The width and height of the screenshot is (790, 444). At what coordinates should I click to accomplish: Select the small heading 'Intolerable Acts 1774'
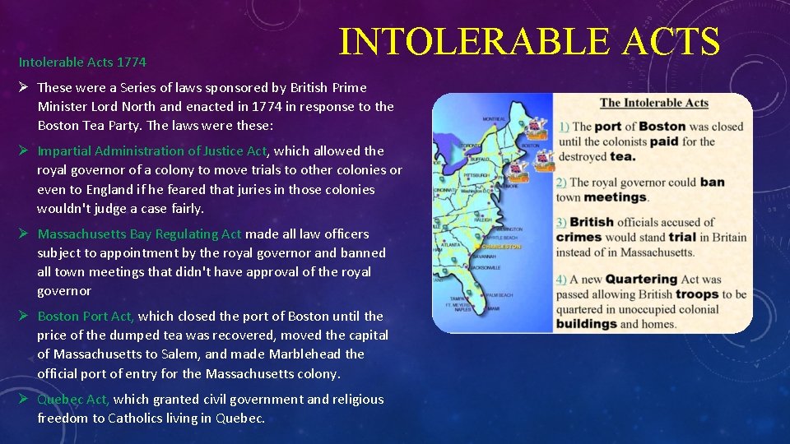click(82, 62)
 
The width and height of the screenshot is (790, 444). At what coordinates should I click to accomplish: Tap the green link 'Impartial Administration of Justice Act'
click(152, 150)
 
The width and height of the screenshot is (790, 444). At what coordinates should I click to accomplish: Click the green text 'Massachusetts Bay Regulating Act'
click(140, 234)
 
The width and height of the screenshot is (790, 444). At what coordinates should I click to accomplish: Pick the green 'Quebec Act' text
click(73, 399)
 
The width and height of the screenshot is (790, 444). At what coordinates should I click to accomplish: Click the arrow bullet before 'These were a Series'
click(25, 87)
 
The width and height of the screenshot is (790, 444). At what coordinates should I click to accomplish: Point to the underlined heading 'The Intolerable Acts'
click(653, 103)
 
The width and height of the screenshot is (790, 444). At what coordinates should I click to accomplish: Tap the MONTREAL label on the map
click(494, 119)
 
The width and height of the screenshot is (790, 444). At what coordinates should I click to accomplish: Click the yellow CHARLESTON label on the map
click(501, 246)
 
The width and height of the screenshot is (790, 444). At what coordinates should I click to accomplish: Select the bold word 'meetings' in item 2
click(615, 197)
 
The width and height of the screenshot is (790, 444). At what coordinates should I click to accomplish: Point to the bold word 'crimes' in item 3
click(579, 237)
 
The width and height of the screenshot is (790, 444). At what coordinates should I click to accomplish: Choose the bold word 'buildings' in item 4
click(586, 323)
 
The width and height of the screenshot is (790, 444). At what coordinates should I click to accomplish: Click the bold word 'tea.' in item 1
click(622, 156)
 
